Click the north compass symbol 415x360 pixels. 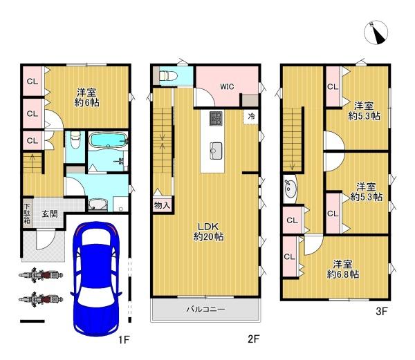point(376,32)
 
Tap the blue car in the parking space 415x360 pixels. point(96,279)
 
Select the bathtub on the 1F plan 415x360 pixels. point(109,140)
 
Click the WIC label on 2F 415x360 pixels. point(227,86)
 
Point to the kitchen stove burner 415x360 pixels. point(216,118)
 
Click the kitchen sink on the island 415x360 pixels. point(216,151)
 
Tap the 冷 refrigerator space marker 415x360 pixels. point(251,116)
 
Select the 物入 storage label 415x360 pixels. point(162,205)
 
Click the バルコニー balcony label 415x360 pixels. point(205,309)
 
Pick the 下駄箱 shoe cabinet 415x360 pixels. point(27,213)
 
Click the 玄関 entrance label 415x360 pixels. point(50,214)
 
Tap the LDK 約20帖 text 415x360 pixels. point(209,231)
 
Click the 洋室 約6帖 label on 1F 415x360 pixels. point(87,97)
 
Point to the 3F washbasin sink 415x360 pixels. point(290,189)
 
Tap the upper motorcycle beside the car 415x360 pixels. point(41,275)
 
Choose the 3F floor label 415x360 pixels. point(382,312)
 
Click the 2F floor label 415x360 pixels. point(254,339)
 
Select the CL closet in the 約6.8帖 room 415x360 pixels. point(289,256)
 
